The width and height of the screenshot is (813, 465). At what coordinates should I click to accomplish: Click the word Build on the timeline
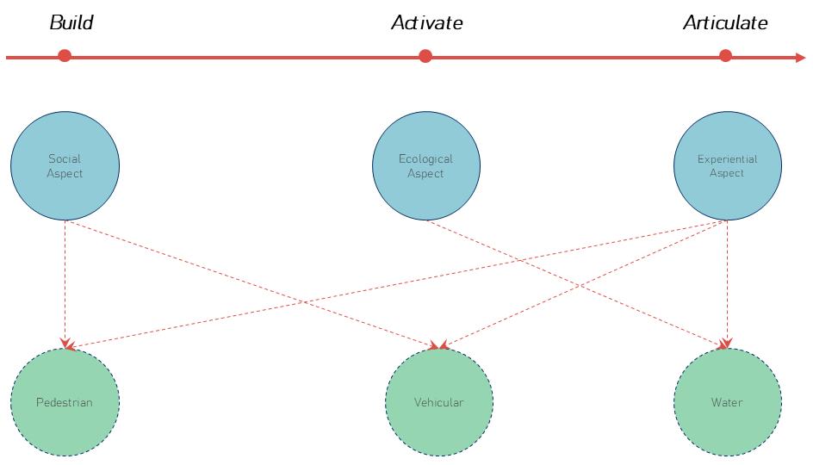(x=71, y=23)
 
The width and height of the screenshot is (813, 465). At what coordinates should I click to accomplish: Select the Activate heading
(x=426, y=23)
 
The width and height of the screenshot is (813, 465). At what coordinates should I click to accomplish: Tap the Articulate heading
(x=725, y=23)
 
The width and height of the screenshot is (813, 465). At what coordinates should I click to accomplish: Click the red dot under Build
(x=65, y=57)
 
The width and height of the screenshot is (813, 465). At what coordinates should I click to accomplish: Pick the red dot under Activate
(x=425, y=57)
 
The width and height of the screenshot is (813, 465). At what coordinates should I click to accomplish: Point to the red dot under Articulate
(x=725, y=57)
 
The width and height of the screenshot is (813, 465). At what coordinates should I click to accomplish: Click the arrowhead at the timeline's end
(x=800, y=58)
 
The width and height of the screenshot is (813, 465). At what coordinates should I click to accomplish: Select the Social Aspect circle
(x=65, y=167)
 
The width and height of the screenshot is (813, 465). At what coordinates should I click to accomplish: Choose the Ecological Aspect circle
(x=425, y=167)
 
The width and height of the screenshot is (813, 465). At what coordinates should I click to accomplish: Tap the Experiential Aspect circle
(x=727, y=167)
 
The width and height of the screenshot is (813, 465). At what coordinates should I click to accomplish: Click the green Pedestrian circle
(x=65, y=402)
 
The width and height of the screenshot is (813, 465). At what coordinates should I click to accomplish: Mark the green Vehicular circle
(x=439, y=402)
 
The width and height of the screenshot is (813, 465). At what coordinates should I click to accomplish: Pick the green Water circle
(x=727, y=402)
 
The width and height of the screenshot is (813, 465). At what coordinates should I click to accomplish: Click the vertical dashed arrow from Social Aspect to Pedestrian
(x=65, y=284)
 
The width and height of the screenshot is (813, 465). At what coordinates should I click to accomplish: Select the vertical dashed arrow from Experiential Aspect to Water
(x=728, y=284)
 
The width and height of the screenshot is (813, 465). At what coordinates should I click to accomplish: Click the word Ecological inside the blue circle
(x=425, y=159)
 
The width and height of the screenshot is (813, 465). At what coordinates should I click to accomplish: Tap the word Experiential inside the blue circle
(x=727, y=159)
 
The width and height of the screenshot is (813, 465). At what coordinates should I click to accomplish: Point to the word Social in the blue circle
(x=65, y=159)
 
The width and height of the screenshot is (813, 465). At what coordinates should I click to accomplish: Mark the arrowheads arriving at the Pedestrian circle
(x=65, y=346)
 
